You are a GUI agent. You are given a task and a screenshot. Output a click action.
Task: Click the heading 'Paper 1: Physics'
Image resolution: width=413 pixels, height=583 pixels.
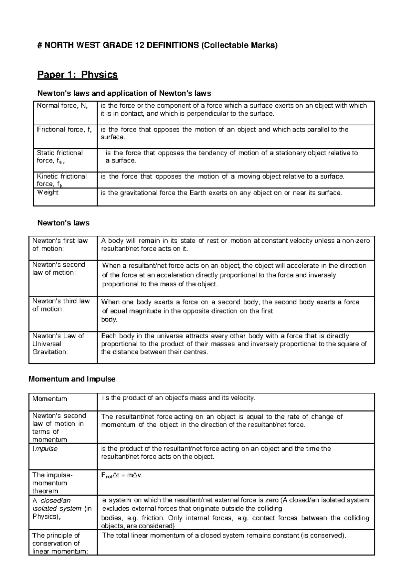tap(77, 75)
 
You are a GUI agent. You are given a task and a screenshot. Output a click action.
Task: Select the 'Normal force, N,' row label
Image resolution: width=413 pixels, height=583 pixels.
tap(62, 106)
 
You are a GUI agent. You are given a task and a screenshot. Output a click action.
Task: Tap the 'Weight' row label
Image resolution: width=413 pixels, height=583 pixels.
tap(47, 192)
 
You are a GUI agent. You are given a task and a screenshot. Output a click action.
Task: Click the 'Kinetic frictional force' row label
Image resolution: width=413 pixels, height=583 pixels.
tap(62, 180)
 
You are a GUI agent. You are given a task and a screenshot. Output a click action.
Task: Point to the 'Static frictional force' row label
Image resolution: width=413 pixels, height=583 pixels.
tap(60, 157)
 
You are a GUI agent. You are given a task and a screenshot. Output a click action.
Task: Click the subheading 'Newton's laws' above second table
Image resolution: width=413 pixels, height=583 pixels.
tap(63, 223)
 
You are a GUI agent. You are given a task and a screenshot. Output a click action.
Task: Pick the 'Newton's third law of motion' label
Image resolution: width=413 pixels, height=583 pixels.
tap(61, 305)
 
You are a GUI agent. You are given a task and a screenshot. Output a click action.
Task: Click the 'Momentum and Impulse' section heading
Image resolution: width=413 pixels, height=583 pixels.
tap(72, 379)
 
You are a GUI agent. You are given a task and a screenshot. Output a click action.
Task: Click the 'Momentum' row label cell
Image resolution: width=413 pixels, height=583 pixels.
tap(50, 399)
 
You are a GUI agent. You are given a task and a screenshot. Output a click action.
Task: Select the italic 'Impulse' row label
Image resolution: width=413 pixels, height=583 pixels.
tap(45, 449)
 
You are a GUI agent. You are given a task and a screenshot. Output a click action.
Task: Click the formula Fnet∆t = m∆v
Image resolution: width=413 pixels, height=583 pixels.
tap(121, 476)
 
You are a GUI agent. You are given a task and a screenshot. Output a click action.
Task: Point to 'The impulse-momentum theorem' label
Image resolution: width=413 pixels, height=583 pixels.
tap(52, 483)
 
